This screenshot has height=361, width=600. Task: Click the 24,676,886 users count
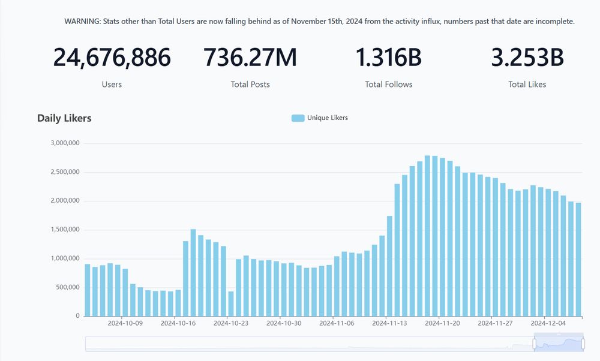click(112, 58)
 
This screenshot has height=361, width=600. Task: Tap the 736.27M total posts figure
click(250, 58)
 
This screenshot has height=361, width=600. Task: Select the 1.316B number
click(388, 58)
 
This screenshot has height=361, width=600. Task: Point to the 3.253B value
click(527, 58)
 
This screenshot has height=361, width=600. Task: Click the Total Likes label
click(527, 85)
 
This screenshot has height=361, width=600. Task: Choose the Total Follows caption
click(388, 85)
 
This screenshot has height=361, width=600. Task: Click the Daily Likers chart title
click(64, 118)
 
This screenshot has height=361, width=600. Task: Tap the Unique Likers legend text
click(327, 118)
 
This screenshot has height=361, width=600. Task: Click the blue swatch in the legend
click(298, 118)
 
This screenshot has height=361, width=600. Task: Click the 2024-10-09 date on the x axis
click(125, 323)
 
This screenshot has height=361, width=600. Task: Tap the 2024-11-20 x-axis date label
click(442, 323)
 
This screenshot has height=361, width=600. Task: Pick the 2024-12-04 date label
click(548, 323)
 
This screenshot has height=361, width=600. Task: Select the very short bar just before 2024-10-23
click(231, 304)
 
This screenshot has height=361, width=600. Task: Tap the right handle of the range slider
click(583, 344)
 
